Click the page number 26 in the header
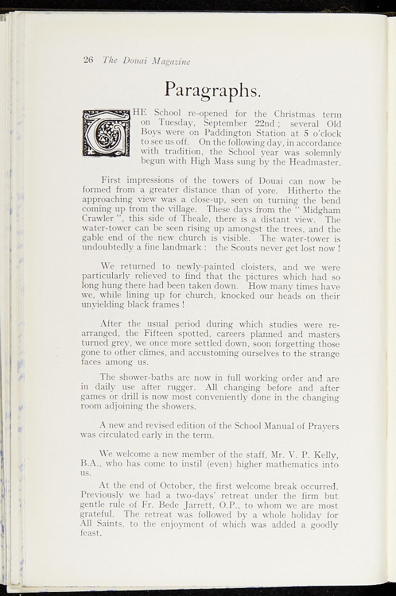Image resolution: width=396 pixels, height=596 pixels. point(88,60)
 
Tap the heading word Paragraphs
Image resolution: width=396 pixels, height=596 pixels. point(212,89)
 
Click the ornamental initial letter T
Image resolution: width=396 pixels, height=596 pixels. point(106,133)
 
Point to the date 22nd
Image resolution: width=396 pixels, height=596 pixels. point(269,123)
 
